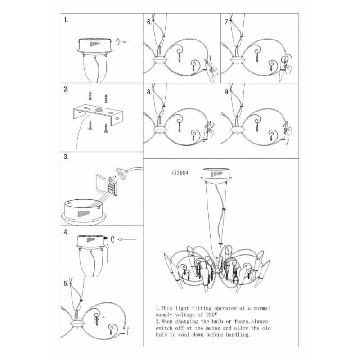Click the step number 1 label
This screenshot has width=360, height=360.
pyautogui.click(x=66, y=20)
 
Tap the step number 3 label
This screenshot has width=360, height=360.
pyautogui.click(x=66, y=157)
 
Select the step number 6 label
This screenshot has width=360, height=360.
pyautogui.click(x=149, y=22)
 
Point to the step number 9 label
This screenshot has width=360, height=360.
pyautogui.click(x=227, y=92)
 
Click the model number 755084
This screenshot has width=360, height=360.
pyautogui.click(x=180, y=172)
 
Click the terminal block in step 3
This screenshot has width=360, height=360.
pyautogui.click(x=112, y=187)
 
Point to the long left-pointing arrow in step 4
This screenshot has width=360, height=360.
pyautogui.click(x=127, y=240)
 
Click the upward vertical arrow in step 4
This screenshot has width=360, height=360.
pyautogui.click(x=108, y=253)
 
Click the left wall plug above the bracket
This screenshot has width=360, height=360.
pyautogui.click(x=90, y=95)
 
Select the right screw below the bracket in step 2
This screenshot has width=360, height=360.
pyautogui.click(x=106, y=128)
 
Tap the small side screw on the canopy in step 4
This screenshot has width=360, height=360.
pyautogui.click(x=106, y=238)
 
